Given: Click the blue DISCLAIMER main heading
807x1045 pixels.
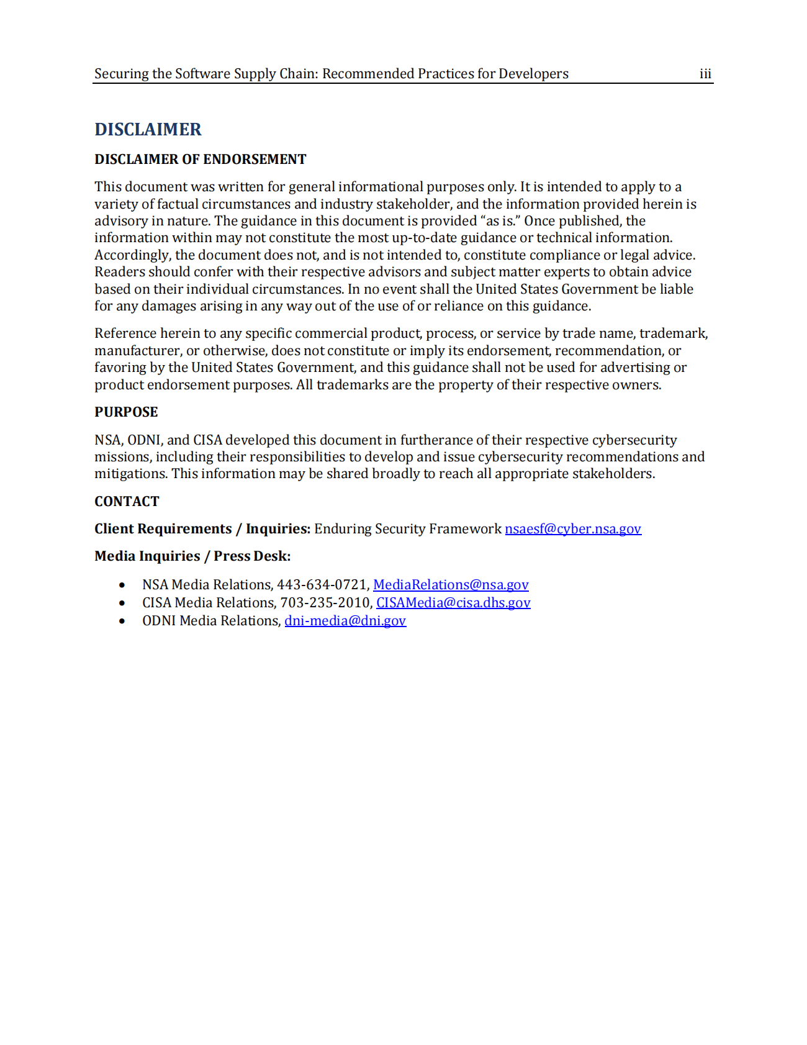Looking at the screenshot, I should [x=148, y=129].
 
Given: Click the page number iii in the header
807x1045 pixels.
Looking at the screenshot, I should [x=705, y=74].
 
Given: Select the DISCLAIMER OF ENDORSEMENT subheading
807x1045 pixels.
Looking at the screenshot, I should [x=200, y=160].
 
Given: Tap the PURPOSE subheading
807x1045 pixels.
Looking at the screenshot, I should [x=126, y=412].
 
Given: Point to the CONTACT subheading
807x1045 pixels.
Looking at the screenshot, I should [x=127, y=502].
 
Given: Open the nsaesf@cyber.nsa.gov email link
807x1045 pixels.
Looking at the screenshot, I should [x=572, y=529].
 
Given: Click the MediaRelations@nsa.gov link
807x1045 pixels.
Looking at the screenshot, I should [x=451, y=585].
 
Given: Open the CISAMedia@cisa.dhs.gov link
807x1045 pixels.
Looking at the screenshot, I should [x=453, y=603].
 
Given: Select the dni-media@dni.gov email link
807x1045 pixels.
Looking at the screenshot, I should [x=345, y=621].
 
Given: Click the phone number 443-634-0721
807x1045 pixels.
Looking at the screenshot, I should [x=322, y=585].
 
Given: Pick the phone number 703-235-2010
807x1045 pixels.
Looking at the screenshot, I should [x=325, y=603].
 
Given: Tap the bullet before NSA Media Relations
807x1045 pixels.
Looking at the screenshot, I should [x=122, y=586].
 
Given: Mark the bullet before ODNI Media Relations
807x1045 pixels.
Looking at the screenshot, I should [x=122, y=622].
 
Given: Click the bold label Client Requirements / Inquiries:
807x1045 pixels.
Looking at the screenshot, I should [x=202, y=529].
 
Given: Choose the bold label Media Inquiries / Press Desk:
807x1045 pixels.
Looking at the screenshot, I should [x=192, y=556].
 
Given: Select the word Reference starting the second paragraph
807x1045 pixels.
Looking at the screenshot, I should [x=125, y=333].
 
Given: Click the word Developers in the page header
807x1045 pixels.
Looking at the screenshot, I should [x=533, y=74].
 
